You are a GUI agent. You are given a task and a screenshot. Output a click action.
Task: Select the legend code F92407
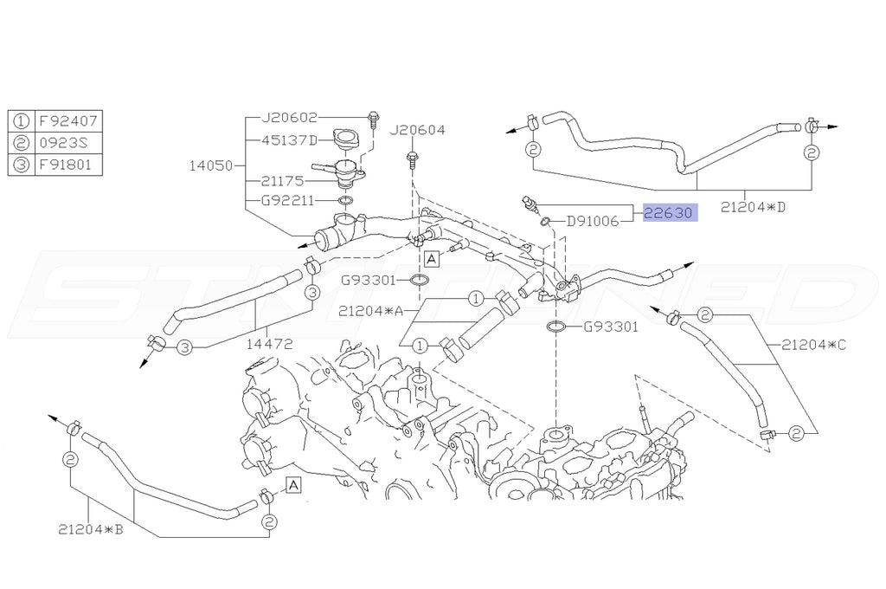pos(65,121)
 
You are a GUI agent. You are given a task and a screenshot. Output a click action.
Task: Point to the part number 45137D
pos(290,139)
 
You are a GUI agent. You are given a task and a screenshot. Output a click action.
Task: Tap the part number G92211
pos(290,201)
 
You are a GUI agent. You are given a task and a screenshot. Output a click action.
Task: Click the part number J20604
pos(417,131)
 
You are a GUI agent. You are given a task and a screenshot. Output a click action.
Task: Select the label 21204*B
pos(91,528)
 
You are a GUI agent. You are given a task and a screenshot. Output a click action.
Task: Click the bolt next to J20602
pos(372,119)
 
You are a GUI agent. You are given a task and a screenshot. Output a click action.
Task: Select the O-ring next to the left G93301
pos(419,280)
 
